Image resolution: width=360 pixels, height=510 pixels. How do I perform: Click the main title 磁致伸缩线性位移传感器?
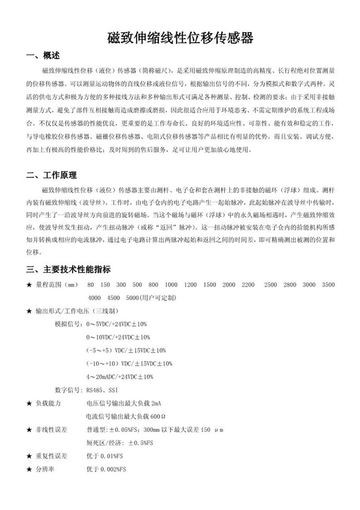point(180,38)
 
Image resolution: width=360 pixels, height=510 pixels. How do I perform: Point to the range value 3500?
point(328,285)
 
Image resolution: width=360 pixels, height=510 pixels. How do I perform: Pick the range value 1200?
point(191,285)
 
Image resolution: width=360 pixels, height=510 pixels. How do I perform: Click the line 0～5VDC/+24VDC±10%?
point(116,324)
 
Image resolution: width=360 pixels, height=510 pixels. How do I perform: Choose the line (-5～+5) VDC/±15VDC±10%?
point(126,350)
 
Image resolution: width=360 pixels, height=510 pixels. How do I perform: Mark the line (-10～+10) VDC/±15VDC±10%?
point(129,364)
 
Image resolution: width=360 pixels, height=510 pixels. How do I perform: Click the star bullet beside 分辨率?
point(29,469)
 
